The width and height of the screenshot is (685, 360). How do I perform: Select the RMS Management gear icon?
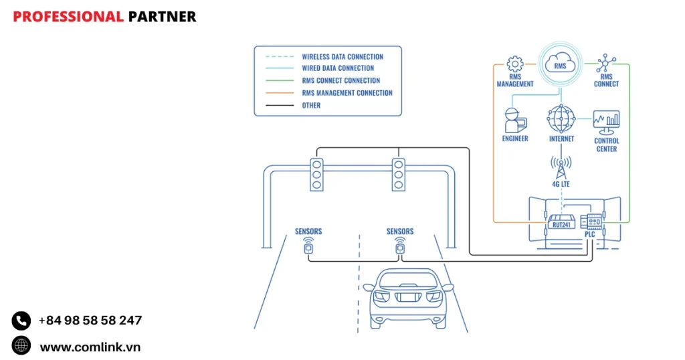click(x=514, y=64)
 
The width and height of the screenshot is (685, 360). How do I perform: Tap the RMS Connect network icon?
click(x=606, y=64)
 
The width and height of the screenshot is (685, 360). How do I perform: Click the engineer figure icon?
click(x=514, y=119)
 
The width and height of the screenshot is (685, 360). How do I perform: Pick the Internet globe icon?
click(x=561, y=118)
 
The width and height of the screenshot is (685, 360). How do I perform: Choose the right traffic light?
click(x=399, y=175)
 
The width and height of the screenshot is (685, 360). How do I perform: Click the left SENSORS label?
click(x=308, y=232)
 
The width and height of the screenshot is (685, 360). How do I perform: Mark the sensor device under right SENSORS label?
click(x=399, y=248)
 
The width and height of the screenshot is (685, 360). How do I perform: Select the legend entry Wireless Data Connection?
click(x=342, y=57)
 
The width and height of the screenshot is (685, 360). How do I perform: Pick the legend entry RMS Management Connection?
click(x=347, y=93)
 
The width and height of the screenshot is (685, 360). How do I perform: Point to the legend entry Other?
click(x=311, y=105)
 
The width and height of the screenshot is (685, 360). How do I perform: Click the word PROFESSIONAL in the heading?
click(x=68, y=17)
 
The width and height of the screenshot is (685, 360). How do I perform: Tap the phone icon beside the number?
click(x=21, y=321)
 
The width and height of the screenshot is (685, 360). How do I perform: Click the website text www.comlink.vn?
click(x=90, y=347)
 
